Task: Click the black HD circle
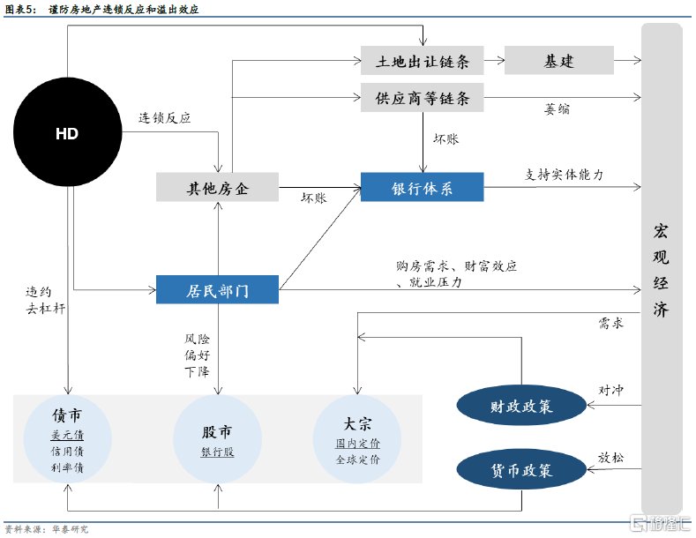67,133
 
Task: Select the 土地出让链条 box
423,62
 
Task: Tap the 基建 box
558,62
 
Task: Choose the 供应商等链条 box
423,98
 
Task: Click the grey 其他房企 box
217,187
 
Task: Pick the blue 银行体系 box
423,187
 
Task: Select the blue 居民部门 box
217,290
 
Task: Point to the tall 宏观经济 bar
661,265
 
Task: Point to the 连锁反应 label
164,117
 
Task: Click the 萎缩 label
557,110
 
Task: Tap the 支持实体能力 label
565,175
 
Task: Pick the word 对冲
611,390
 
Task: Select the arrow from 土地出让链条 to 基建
494,62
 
